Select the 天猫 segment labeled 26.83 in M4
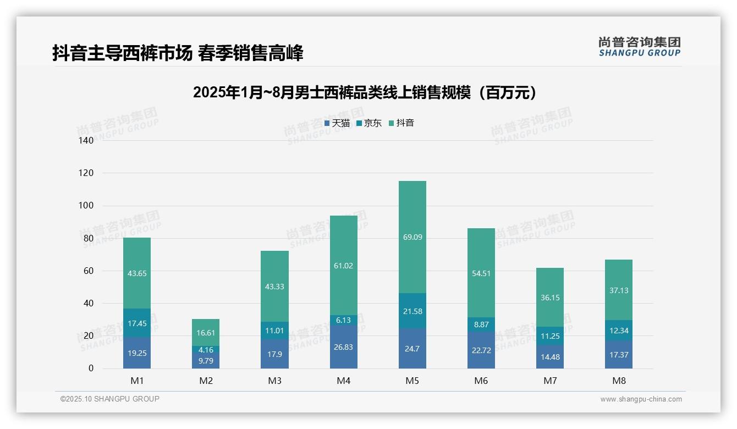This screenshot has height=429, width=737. point(343,346)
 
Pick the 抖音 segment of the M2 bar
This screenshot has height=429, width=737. point(206,332)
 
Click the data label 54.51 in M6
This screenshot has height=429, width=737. point(481,273)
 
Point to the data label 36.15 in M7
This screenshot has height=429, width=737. point(550,298)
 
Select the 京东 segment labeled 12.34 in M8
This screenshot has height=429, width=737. point(619,331)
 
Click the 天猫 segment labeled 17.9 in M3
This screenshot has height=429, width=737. point(274,354)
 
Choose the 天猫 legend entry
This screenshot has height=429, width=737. point(337,123)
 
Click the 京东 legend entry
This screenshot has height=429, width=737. point(369,123)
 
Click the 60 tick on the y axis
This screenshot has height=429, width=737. point(89,271)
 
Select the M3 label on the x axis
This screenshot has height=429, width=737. point(274,381)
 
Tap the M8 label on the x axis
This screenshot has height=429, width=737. point(619,381)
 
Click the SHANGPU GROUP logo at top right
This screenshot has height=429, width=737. point(639,47)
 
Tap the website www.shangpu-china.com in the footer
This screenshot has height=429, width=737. point(641,399)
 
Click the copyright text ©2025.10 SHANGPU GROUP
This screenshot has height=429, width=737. point(110,399)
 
